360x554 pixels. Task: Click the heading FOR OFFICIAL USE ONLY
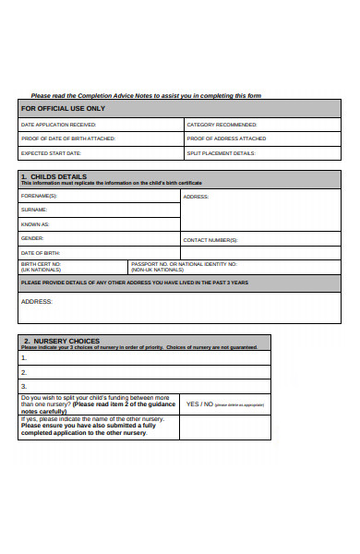(x=63, y=108)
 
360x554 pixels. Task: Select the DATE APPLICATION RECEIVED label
(x=57, y=124)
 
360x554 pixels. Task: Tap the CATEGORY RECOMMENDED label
(x=222, y=124)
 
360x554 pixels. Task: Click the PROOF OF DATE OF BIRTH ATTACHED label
(x=68, y=138)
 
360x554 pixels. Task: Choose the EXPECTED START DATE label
(x=52, y=152)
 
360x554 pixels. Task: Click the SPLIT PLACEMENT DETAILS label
(x=221, y=152)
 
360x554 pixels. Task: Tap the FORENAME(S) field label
(x=39, y=196)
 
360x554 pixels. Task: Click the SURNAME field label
(x=34, y=210)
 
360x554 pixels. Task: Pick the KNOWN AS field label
(x=35, y=224)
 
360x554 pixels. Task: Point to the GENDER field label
(x=32, y=238)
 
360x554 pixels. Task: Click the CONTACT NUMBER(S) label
(x=210, y=240)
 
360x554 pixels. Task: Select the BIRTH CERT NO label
(x=41, y=265)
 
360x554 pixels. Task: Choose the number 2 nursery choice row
(x=24, y=372)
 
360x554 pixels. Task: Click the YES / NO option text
(x=199, y=403)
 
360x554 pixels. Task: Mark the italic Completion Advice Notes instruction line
(x=146, y=95)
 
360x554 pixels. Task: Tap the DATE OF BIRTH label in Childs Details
(x=41, y=252)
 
